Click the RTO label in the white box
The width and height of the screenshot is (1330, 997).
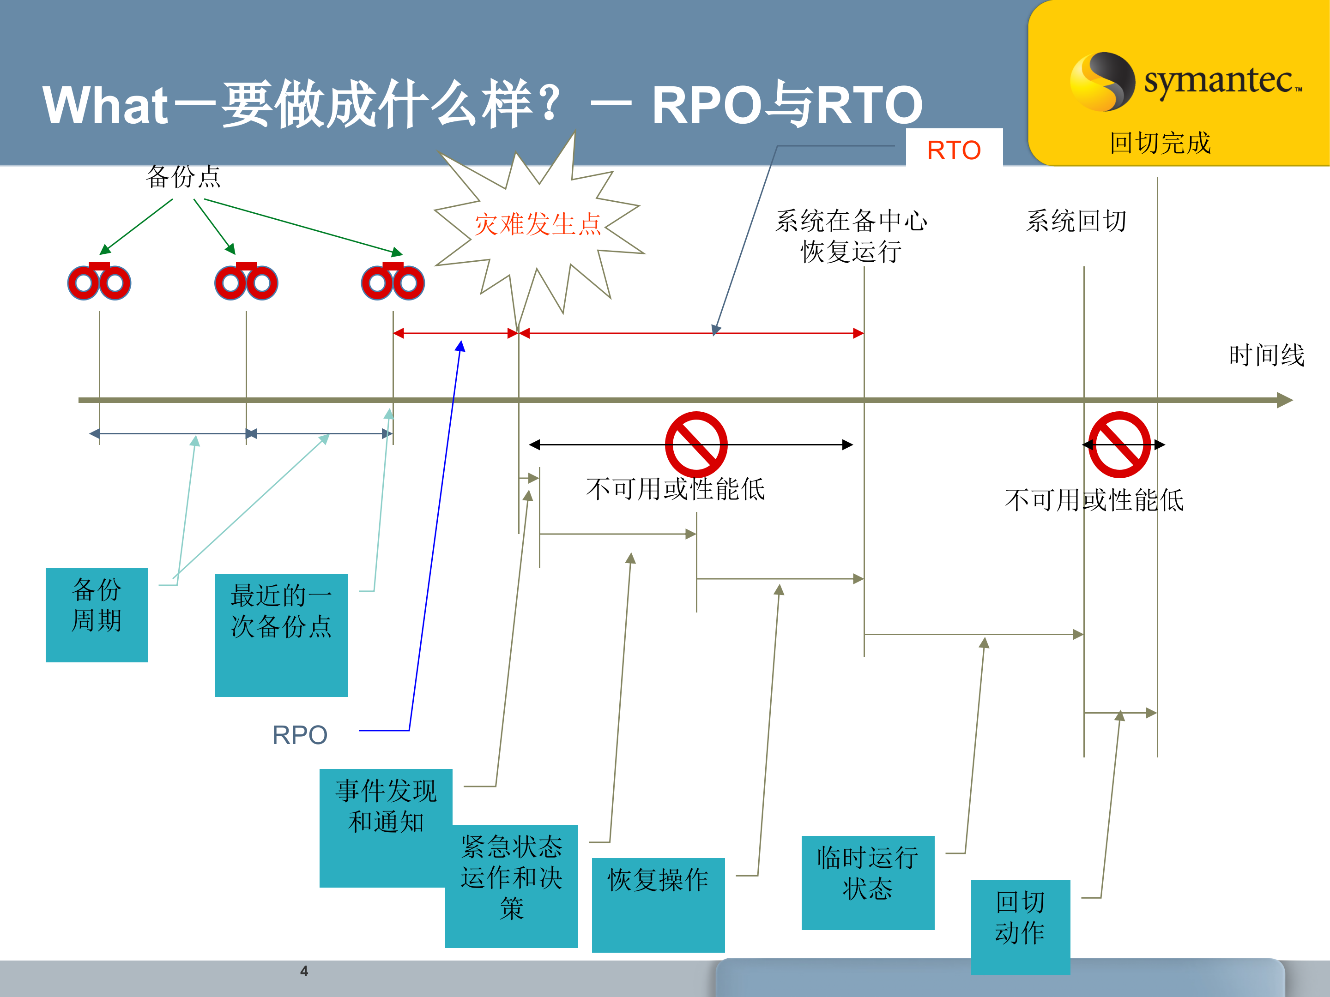point(954,150)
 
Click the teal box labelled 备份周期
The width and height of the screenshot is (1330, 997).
point(96,614)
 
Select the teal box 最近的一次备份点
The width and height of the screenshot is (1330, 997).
point(281,635)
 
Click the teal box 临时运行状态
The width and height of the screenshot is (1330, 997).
point(867,882)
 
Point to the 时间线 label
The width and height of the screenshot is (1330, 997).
point(1266,355)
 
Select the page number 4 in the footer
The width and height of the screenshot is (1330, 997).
point(304,971)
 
